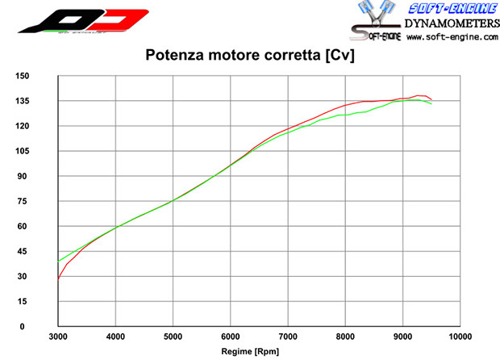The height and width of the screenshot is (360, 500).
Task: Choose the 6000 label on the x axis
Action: (231, 336)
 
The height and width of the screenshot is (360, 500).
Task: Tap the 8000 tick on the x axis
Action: (345, 336)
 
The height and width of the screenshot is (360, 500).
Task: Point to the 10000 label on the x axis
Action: (460, 336)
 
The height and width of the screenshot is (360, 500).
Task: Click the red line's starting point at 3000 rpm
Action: (58, 279)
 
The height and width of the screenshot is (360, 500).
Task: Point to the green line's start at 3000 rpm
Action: (58, 261)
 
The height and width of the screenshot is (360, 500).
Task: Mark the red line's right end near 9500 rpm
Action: (431, 99)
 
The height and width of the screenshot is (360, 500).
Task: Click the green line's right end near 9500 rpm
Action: (431, 104)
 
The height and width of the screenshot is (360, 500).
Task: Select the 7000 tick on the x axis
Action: (288, 336)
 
